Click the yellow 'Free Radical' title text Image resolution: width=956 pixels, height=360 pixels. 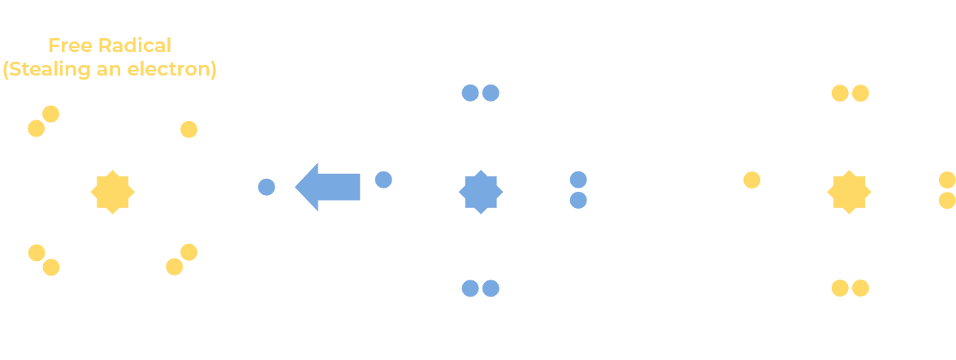pyautogui.click(x=110, y=46)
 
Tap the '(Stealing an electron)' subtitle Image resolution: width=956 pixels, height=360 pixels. pyautogui.click(x=110, y=70)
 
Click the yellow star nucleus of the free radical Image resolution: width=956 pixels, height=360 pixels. pyautogui.click(x=112, y=192)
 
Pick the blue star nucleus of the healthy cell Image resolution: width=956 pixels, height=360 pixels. pyautogui.click(x=481, y=192)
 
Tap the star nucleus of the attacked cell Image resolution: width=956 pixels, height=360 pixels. pyautogui.click(x=849, y=192)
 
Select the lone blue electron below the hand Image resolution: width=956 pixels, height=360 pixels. pyautogui.click(x=266, y=188)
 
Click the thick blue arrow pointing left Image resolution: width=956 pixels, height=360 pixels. pyautogui.click(x=327, y=186)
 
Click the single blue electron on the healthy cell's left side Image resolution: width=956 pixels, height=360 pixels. pyautogui.click(x=383, y=180)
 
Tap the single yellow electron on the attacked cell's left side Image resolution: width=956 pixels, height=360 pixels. pyautogui.click(x=752, y=180)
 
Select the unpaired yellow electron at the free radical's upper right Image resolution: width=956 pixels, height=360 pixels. pyautogui.click(x=189, y=129)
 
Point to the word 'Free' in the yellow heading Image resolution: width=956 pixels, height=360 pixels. pyautogui.click(x=67, y=46)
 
